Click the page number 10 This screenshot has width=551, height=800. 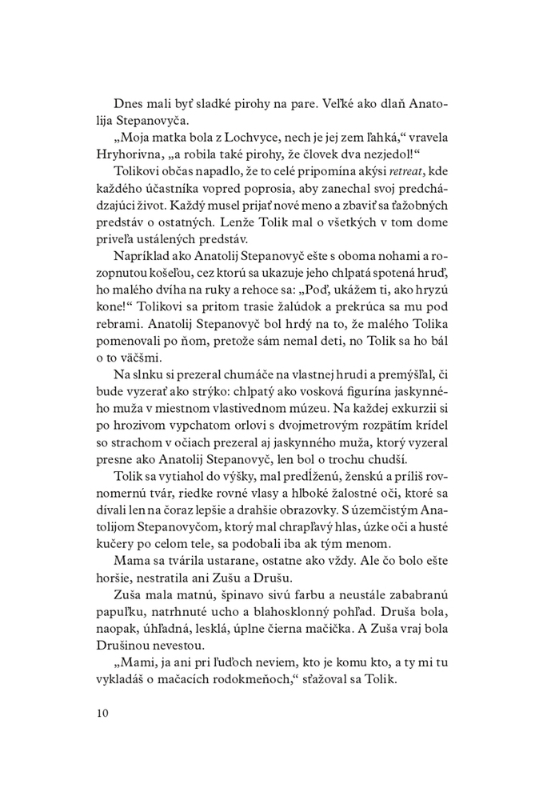pyautogui.click(x=102, y=712)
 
